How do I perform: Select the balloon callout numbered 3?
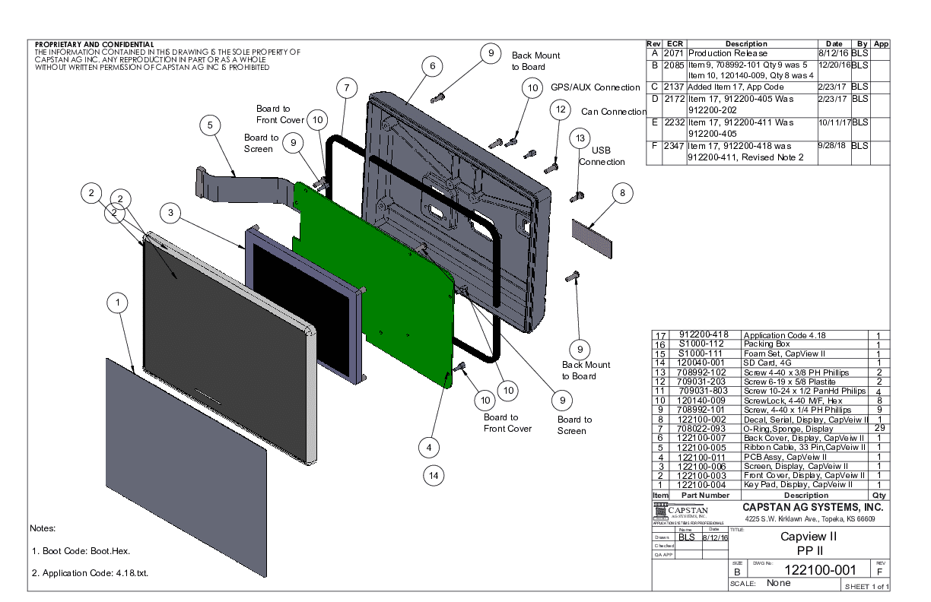pos(173,214)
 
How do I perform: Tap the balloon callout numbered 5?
pos(211,125)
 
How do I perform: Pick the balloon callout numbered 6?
pos(432,66)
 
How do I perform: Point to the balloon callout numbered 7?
pos(346,88)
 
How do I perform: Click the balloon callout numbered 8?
pos(622,194)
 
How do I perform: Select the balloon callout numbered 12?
pos(561,110)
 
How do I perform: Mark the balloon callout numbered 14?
pos(434,475)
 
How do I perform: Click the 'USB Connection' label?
pos(601,156)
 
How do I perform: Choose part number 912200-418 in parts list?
pos(704,335)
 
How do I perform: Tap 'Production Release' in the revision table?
pos(728,53)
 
